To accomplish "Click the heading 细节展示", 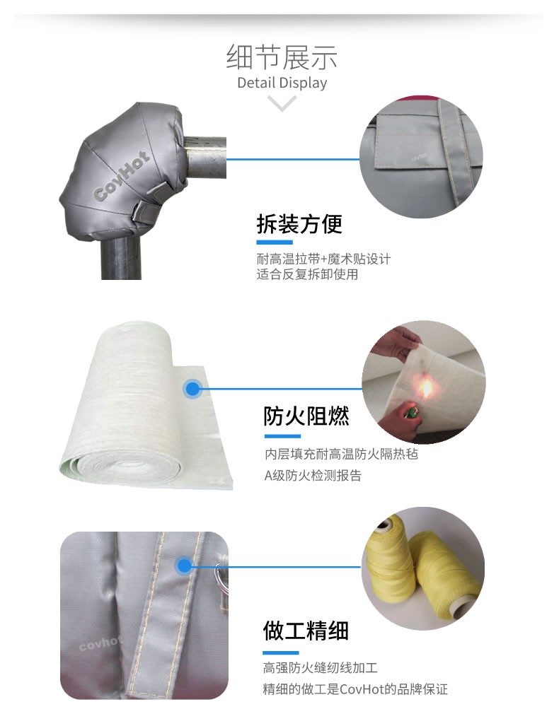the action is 282,57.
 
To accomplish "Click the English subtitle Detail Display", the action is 282,83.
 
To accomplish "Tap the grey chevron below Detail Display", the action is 282,103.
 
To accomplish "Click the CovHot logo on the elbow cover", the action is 122,176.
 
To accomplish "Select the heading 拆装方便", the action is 299,223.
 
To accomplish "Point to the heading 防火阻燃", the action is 306,416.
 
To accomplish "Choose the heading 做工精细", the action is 306,631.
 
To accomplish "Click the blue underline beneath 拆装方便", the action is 275,242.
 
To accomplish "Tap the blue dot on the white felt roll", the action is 192,389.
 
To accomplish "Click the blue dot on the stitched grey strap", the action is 184,566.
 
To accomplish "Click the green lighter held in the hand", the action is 410,411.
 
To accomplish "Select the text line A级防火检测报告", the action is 313,476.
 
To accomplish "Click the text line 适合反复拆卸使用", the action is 307,274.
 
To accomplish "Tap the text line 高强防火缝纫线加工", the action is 321,667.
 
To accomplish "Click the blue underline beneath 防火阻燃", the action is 283,436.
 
